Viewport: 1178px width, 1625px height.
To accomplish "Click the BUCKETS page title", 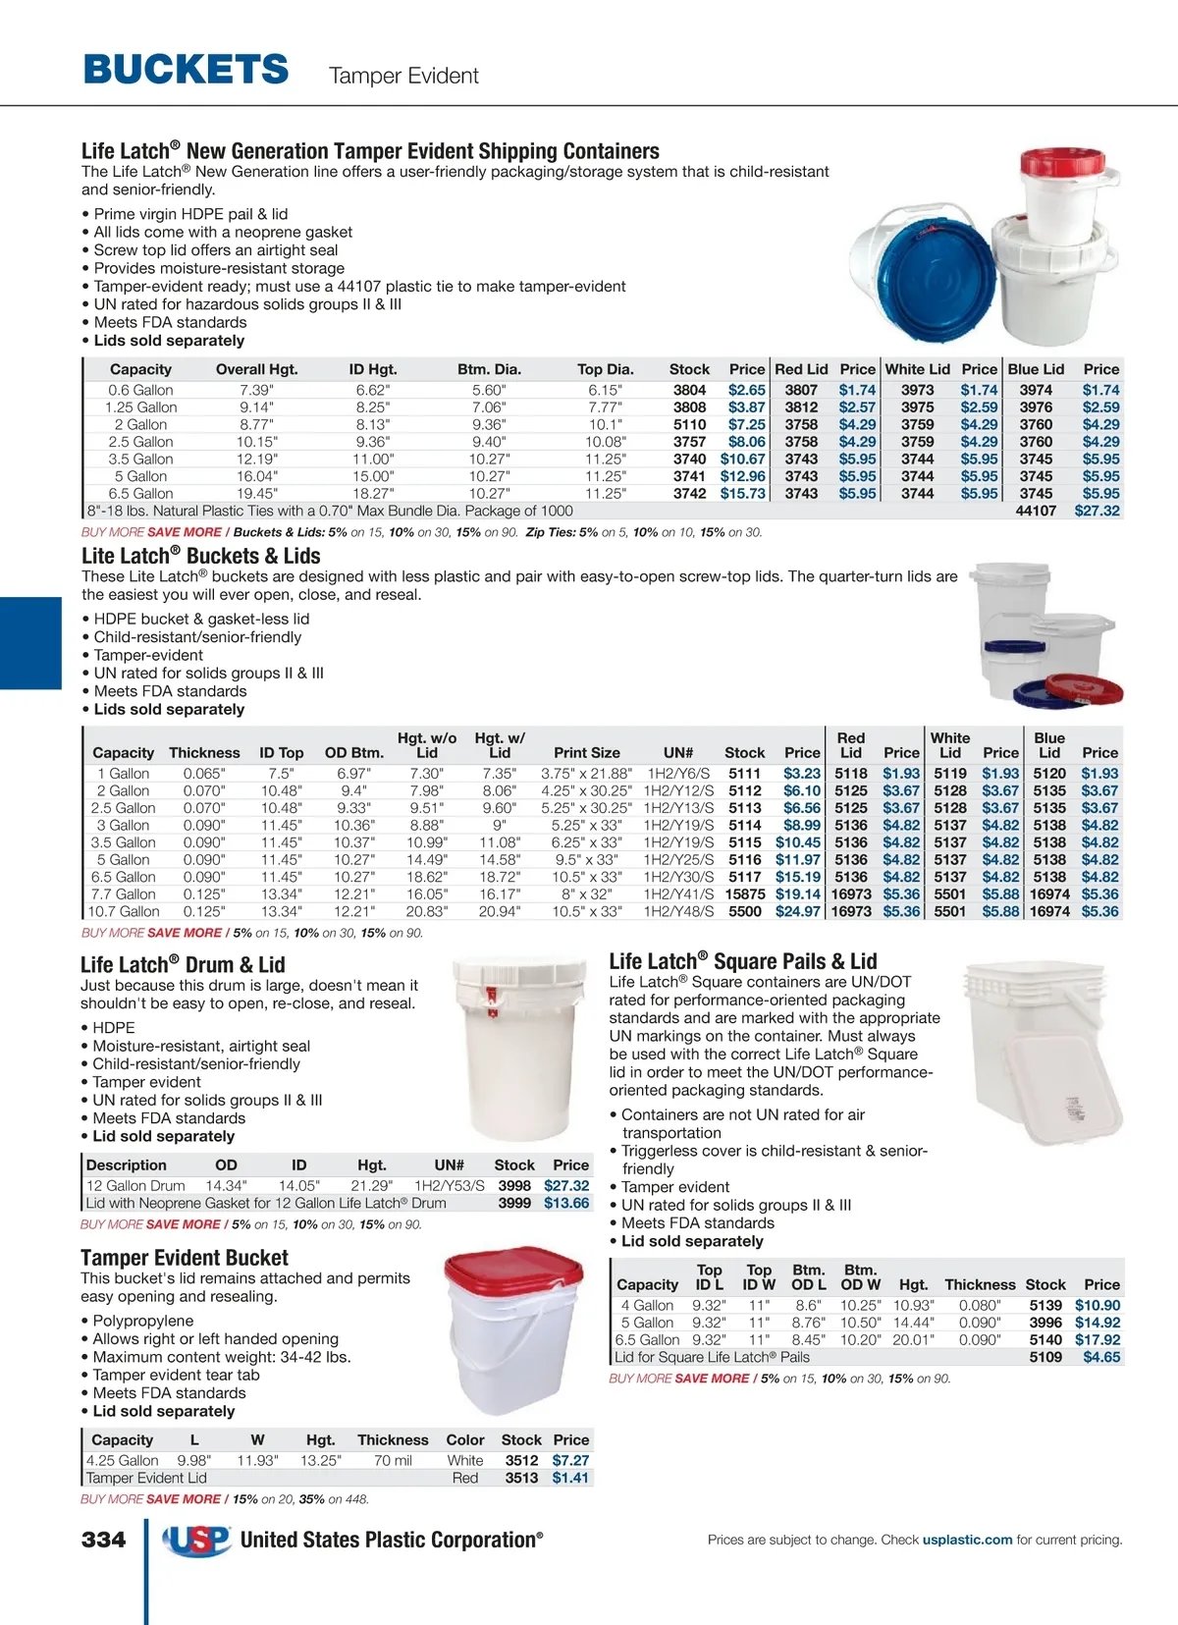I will [x=186, y=70].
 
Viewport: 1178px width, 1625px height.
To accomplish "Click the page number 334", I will [x=103, y=1540].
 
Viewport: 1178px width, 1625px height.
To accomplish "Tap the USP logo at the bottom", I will [x=196, y=1541].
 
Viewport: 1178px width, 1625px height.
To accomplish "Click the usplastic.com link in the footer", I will [x=967, y=1540].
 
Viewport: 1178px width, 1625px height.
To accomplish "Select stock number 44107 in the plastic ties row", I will [x=1036, y=511].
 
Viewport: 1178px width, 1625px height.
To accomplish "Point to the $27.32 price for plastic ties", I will [x=1097, y=511].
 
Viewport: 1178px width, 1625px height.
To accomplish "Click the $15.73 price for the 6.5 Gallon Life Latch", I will [x=742, y=494].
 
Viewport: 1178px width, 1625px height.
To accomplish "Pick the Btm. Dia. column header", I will [x=489, y=369].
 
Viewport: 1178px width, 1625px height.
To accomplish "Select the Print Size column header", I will [x=587, y=753].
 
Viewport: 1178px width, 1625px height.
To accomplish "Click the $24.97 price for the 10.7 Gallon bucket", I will [x=797, y=911].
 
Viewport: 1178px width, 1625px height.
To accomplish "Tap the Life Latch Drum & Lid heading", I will [x=183, y=964].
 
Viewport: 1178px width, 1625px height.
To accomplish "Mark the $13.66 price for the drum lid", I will [x=566, y=1203].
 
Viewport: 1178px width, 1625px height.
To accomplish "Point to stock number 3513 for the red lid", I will [x=521, y=1478].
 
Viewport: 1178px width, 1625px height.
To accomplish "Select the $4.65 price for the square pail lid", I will [x=1101, y=1357].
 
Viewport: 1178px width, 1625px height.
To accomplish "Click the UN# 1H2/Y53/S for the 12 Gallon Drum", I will [x=450, y=1185].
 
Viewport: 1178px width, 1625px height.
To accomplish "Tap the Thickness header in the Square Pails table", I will [x=980, y=1284].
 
